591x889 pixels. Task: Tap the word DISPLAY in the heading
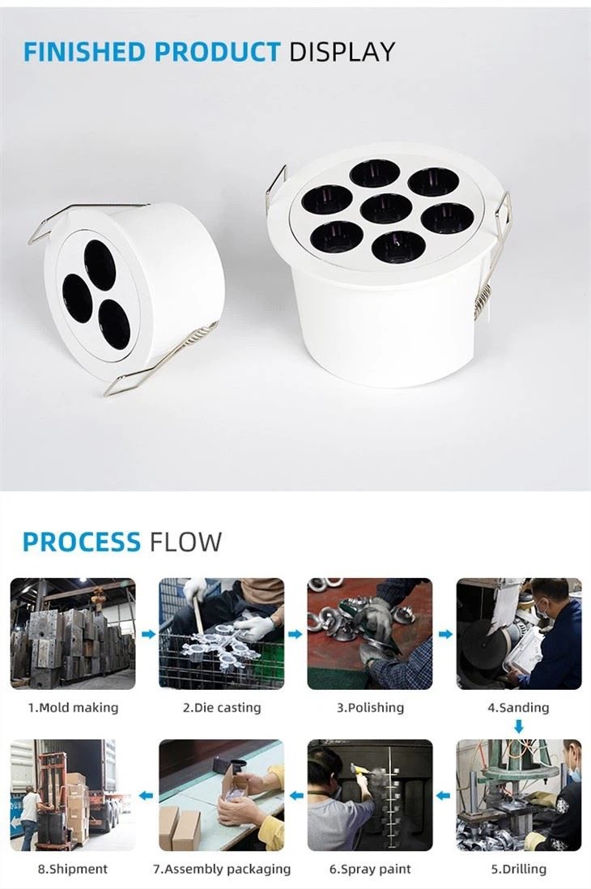(342, 52)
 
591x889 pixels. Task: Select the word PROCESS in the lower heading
(82, 542)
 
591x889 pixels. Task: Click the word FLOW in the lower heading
(185, 542)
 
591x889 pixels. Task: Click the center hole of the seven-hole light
(385, 209)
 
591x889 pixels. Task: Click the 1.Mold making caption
(74, 708)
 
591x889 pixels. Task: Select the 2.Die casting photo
(222, 633)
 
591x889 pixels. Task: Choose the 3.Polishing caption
(370, 708)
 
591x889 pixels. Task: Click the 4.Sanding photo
(519, 633)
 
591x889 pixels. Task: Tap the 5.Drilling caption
(519, 869)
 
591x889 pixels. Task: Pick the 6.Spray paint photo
(370, 795)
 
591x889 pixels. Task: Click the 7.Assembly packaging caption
(222, 869)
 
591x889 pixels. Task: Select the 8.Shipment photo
(73, 795)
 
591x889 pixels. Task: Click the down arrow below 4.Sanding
(519, 725)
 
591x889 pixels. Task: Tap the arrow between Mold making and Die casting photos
(148, 635)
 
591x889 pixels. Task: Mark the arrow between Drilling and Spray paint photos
(444, 796)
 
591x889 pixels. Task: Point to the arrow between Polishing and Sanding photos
(445, 635)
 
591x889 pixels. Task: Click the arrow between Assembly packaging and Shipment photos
(147, 796)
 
